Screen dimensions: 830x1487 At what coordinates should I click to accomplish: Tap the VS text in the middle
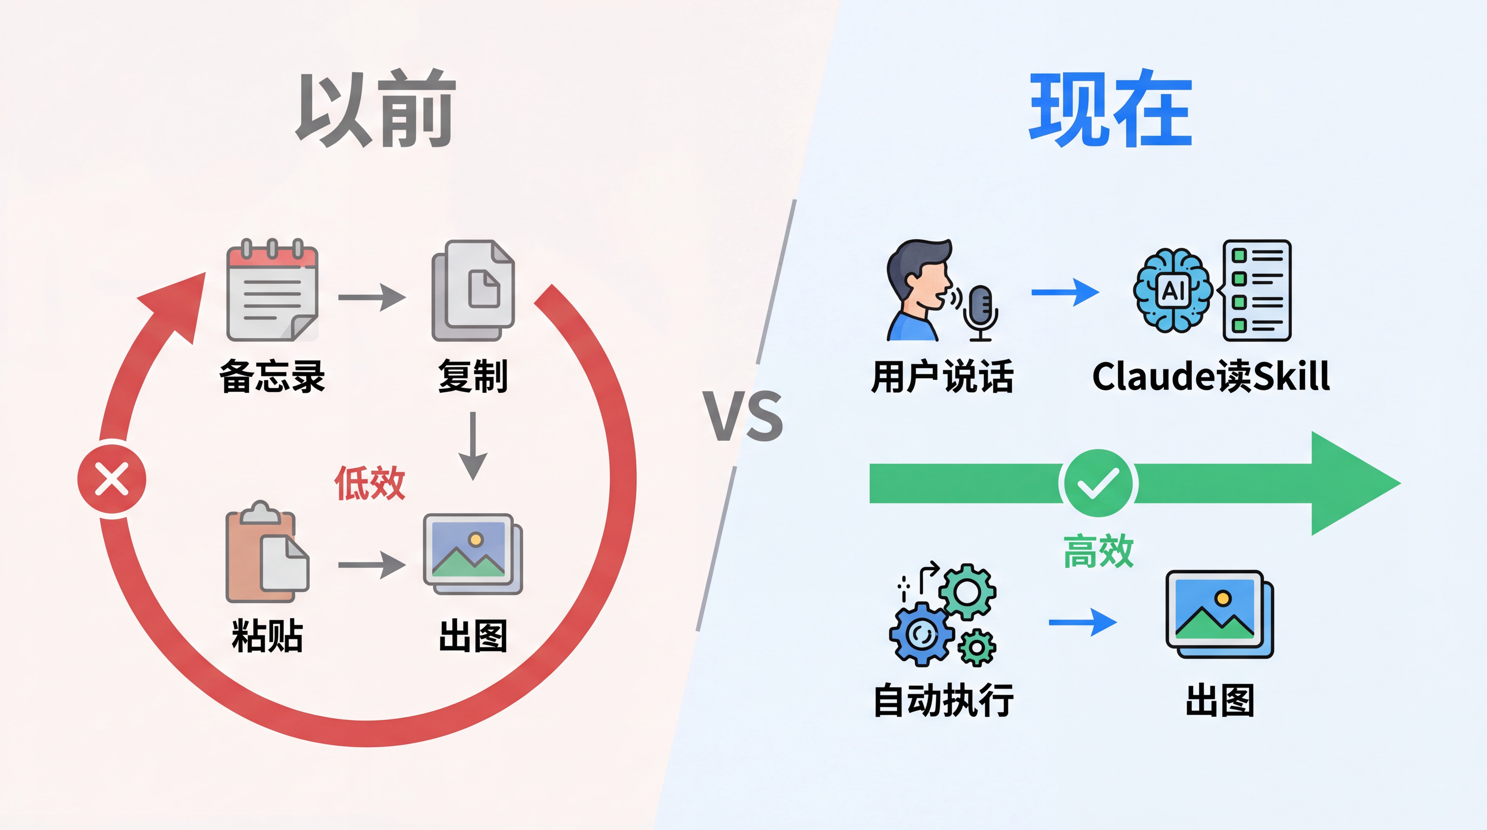743,416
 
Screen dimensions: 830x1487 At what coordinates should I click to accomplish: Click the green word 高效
1098,551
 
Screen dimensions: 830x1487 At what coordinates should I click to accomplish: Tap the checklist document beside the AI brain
1257,290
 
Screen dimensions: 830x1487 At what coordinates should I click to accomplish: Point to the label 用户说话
942,376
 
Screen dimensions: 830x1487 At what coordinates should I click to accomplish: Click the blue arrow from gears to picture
1082,622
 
